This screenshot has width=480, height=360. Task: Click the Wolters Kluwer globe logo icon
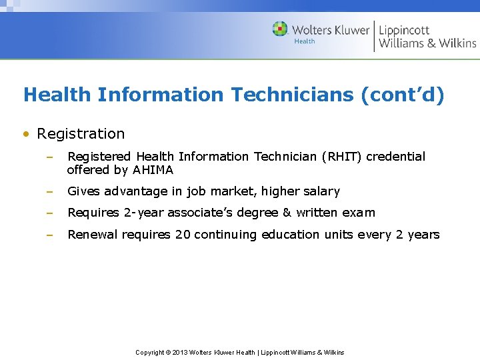coord(280,29)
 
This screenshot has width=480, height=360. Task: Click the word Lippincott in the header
coord(404,30)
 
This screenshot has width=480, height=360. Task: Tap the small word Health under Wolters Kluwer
coord(305,41)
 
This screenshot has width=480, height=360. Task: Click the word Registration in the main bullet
coord(81,133)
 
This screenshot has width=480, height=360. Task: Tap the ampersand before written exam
coord(287,213)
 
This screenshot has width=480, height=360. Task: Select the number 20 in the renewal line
coord(182,234)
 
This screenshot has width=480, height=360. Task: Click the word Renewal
coord(93,234)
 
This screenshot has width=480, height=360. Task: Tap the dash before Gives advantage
coord(49,191)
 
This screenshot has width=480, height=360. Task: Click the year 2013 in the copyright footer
coord(179,352)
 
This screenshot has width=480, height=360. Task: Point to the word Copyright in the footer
coord(150,352)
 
